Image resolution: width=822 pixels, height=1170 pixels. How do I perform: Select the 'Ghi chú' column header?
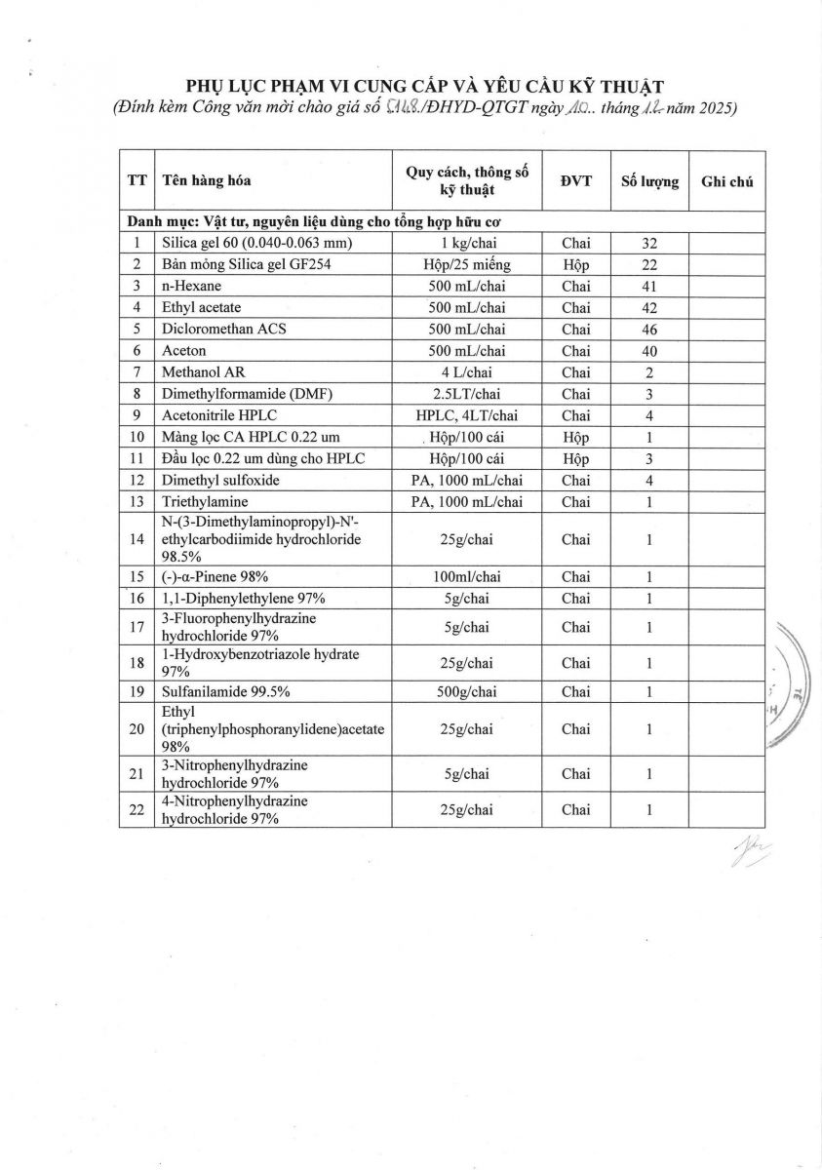pyautogui.click(x=726, y=181)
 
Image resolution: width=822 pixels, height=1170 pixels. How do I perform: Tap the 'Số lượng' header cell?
pyautogui.click(x=649, y=181)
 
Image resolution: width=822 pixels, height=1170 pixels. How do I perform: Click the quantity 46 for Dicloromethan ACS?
pyautogui.click(x=649, y=329)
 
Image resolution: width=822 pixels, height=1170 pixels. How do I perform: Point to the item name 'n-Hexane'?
pyautogui.click(x=191, y=286)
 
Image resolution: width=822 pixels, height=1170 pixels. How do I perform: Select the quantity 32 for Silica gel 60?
pyautogui.click(x=649, y=243)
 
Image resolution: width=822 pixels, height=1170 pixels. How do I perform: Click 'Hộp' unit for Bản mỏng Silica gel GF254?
pyautogui.click(x=575, y=264)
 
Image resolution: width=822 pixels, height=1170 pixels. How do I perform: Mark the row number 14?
pyautogui.click(x=137, y=538)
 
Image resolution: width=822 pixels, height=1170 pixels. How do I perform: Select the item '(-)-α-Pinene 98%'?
pyautogui.click(x=215, y=576)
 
